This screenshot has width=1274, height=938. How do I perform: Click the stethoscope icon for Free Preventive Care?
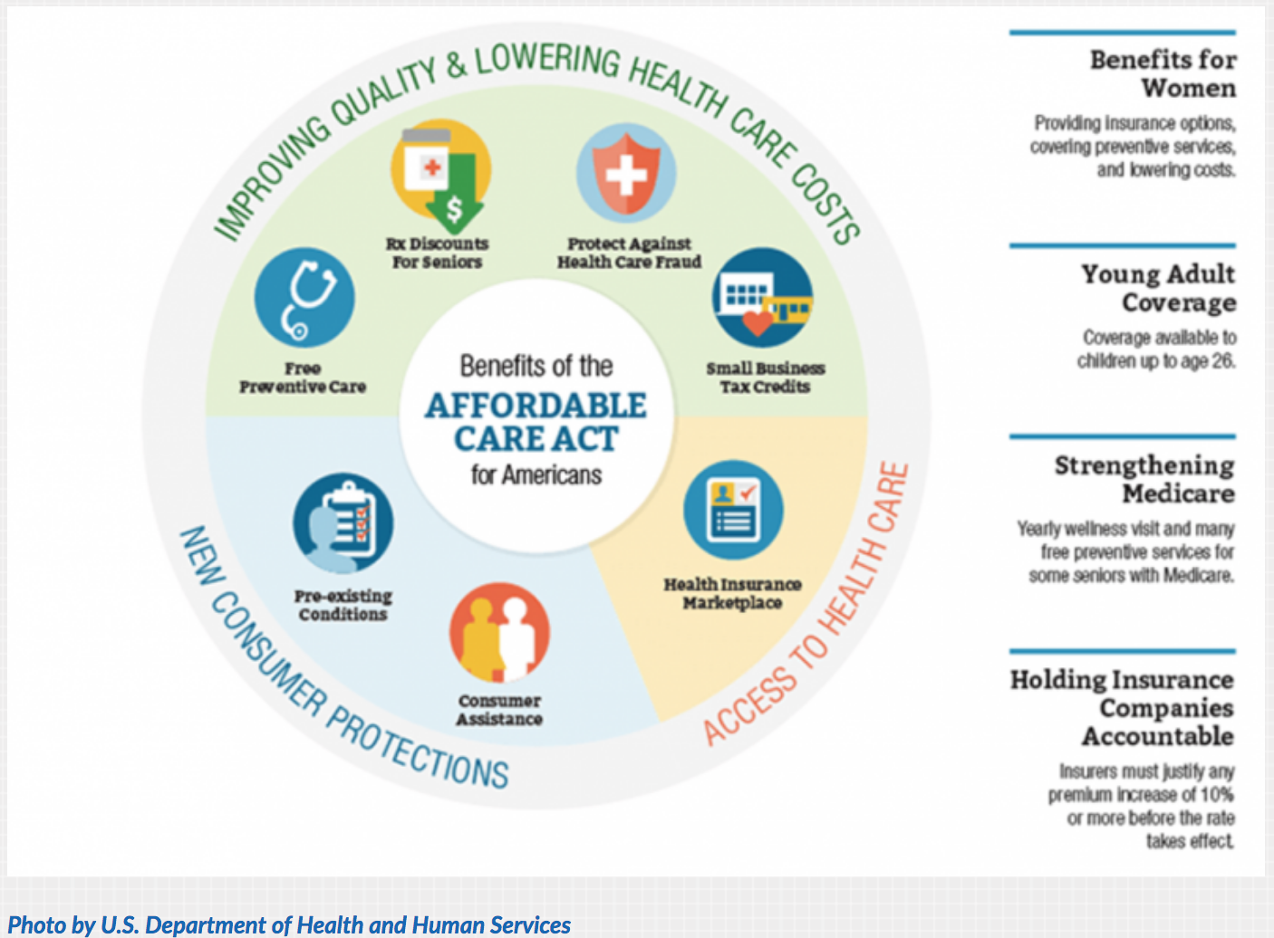[304, 298]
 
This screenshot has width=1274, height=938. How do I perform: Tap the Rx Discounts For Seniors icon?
[440, 172]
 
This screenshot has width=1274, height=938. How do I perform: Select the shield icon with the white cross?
[626, 173]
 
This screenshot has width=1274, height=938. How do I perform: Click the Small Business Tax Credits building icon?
[762, 298]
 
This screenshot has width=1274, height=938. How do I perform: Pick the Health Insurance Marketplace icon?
[733, 510]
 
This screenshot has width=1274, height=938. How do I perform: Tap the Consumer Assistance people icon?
[499, 633]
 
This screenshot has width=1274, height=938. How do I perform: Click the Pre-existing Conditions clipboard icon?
[343, 522]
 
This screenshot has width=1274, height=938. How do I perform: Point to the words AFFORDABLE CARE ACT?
[536, 422]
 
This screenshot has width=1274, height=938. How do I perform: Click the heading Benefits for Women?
[1163, 74]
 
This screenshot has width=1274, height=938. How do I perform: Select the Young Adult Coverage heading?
[1158, 288]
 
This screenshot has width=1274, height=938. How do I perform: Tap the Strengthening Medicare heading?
[1144, 479]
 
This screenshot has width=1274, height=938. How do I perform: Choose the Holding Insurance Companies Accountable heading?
[1123, 707]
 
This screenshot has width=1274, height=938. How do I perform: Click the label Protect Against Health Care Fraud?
[629, 253]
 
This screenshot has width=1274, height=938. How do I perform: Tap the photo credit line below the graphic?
[289, 924]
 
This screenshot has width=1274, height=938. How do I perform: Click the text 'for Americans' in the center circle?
[536, 474]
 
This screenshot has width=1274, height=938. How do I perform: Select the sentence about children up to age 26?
[1157, 349]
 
